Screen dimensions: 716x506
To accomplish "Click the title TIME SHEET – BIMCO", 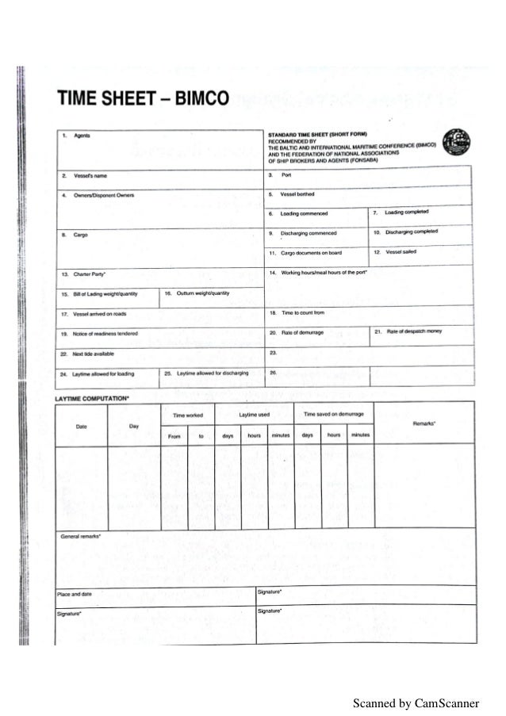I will [x=142, y=99].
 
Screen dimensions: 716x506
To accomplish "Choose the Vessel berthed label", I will [x=298, y=193].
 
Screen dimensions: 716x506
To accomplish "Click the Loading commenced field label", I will [x=304, y=213].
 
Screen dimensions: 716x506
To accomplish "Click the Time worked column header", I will [x=187, y=415].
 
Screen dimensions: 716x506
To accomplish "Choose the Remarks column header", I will [x=425, y=424].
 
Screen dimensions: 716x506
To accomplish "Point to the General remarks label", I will [x=82, y=537].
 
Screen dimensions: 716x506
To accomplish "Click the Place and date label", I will [x=75, y=593].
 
